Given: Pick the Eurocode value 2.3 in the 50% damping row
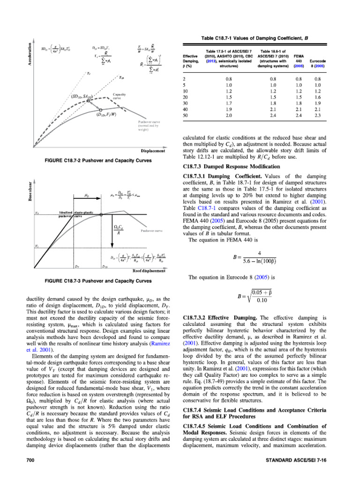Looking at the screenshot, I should point(317,115).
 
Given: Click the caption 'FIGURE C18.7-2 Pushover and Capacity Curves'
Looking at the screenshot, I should point(98,160).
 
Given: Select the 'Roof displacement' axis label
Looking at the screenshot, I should point(149,270).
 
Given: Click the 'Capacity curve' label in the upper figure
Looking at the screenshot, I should point(119,97).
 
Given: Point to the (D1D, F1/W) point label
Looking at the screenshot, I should point(107,115).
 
